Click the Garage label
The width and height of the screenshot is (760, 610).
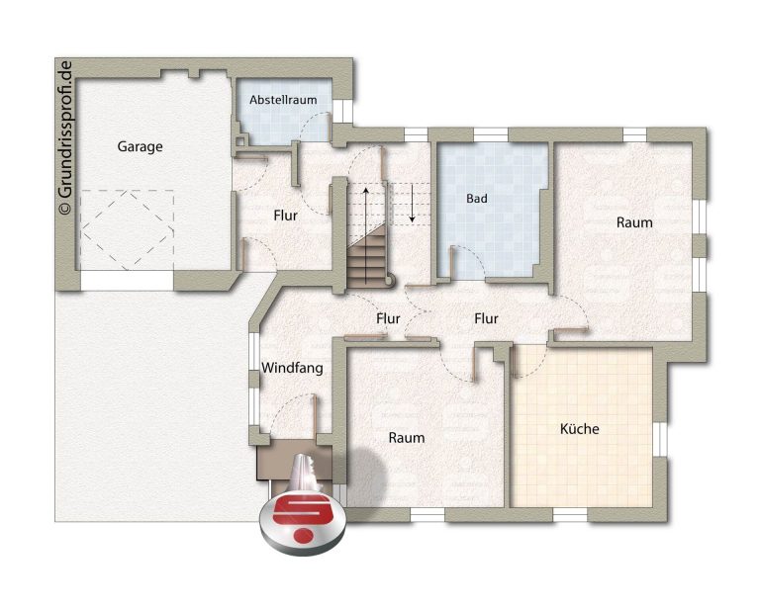[x=140, y=146]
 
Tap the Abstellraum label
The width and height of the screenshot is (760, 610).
[x=283, y=100]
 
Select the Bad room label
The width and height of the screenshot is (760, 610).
[x=477, y=198]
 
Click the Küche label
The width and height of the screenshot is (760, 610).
[x=579, y=428]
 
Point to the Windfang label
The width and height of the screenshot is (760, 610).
[x=292, y=368]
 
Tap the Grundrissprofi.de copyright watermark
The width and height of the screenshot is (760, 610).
[x=64, y=137]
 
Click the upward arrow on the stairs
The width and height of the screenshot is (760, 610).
[x=366, y=235]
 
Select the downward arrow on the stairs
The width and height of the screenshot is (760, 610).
[x=412, y=203]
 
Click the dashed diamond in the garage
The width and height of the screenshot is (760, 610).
[x=128, y=229]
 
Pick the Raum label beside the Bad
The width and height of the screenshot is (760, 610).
[x=634, y=222]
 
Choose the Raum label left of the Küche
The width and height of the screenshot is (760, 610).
[x=407, y=438]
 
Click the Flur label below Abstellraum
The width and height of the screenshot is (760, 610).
[x=285, y=215]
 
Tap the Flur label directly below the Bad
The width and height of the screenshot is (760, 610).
[x=486, y=318]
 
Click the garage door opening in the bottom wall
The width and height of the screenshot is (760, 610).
[x=127, y=281]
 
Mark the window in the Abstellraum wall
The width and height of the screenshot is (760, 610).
[x=342, y=111]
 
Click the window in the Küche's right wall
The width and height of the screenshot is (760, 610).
[x=660, y=440]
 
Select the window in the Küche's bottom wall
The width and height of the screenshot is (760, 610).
[x=570, y=515]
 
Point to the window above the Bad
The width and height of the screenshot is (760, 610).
[x=491, y=134]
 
